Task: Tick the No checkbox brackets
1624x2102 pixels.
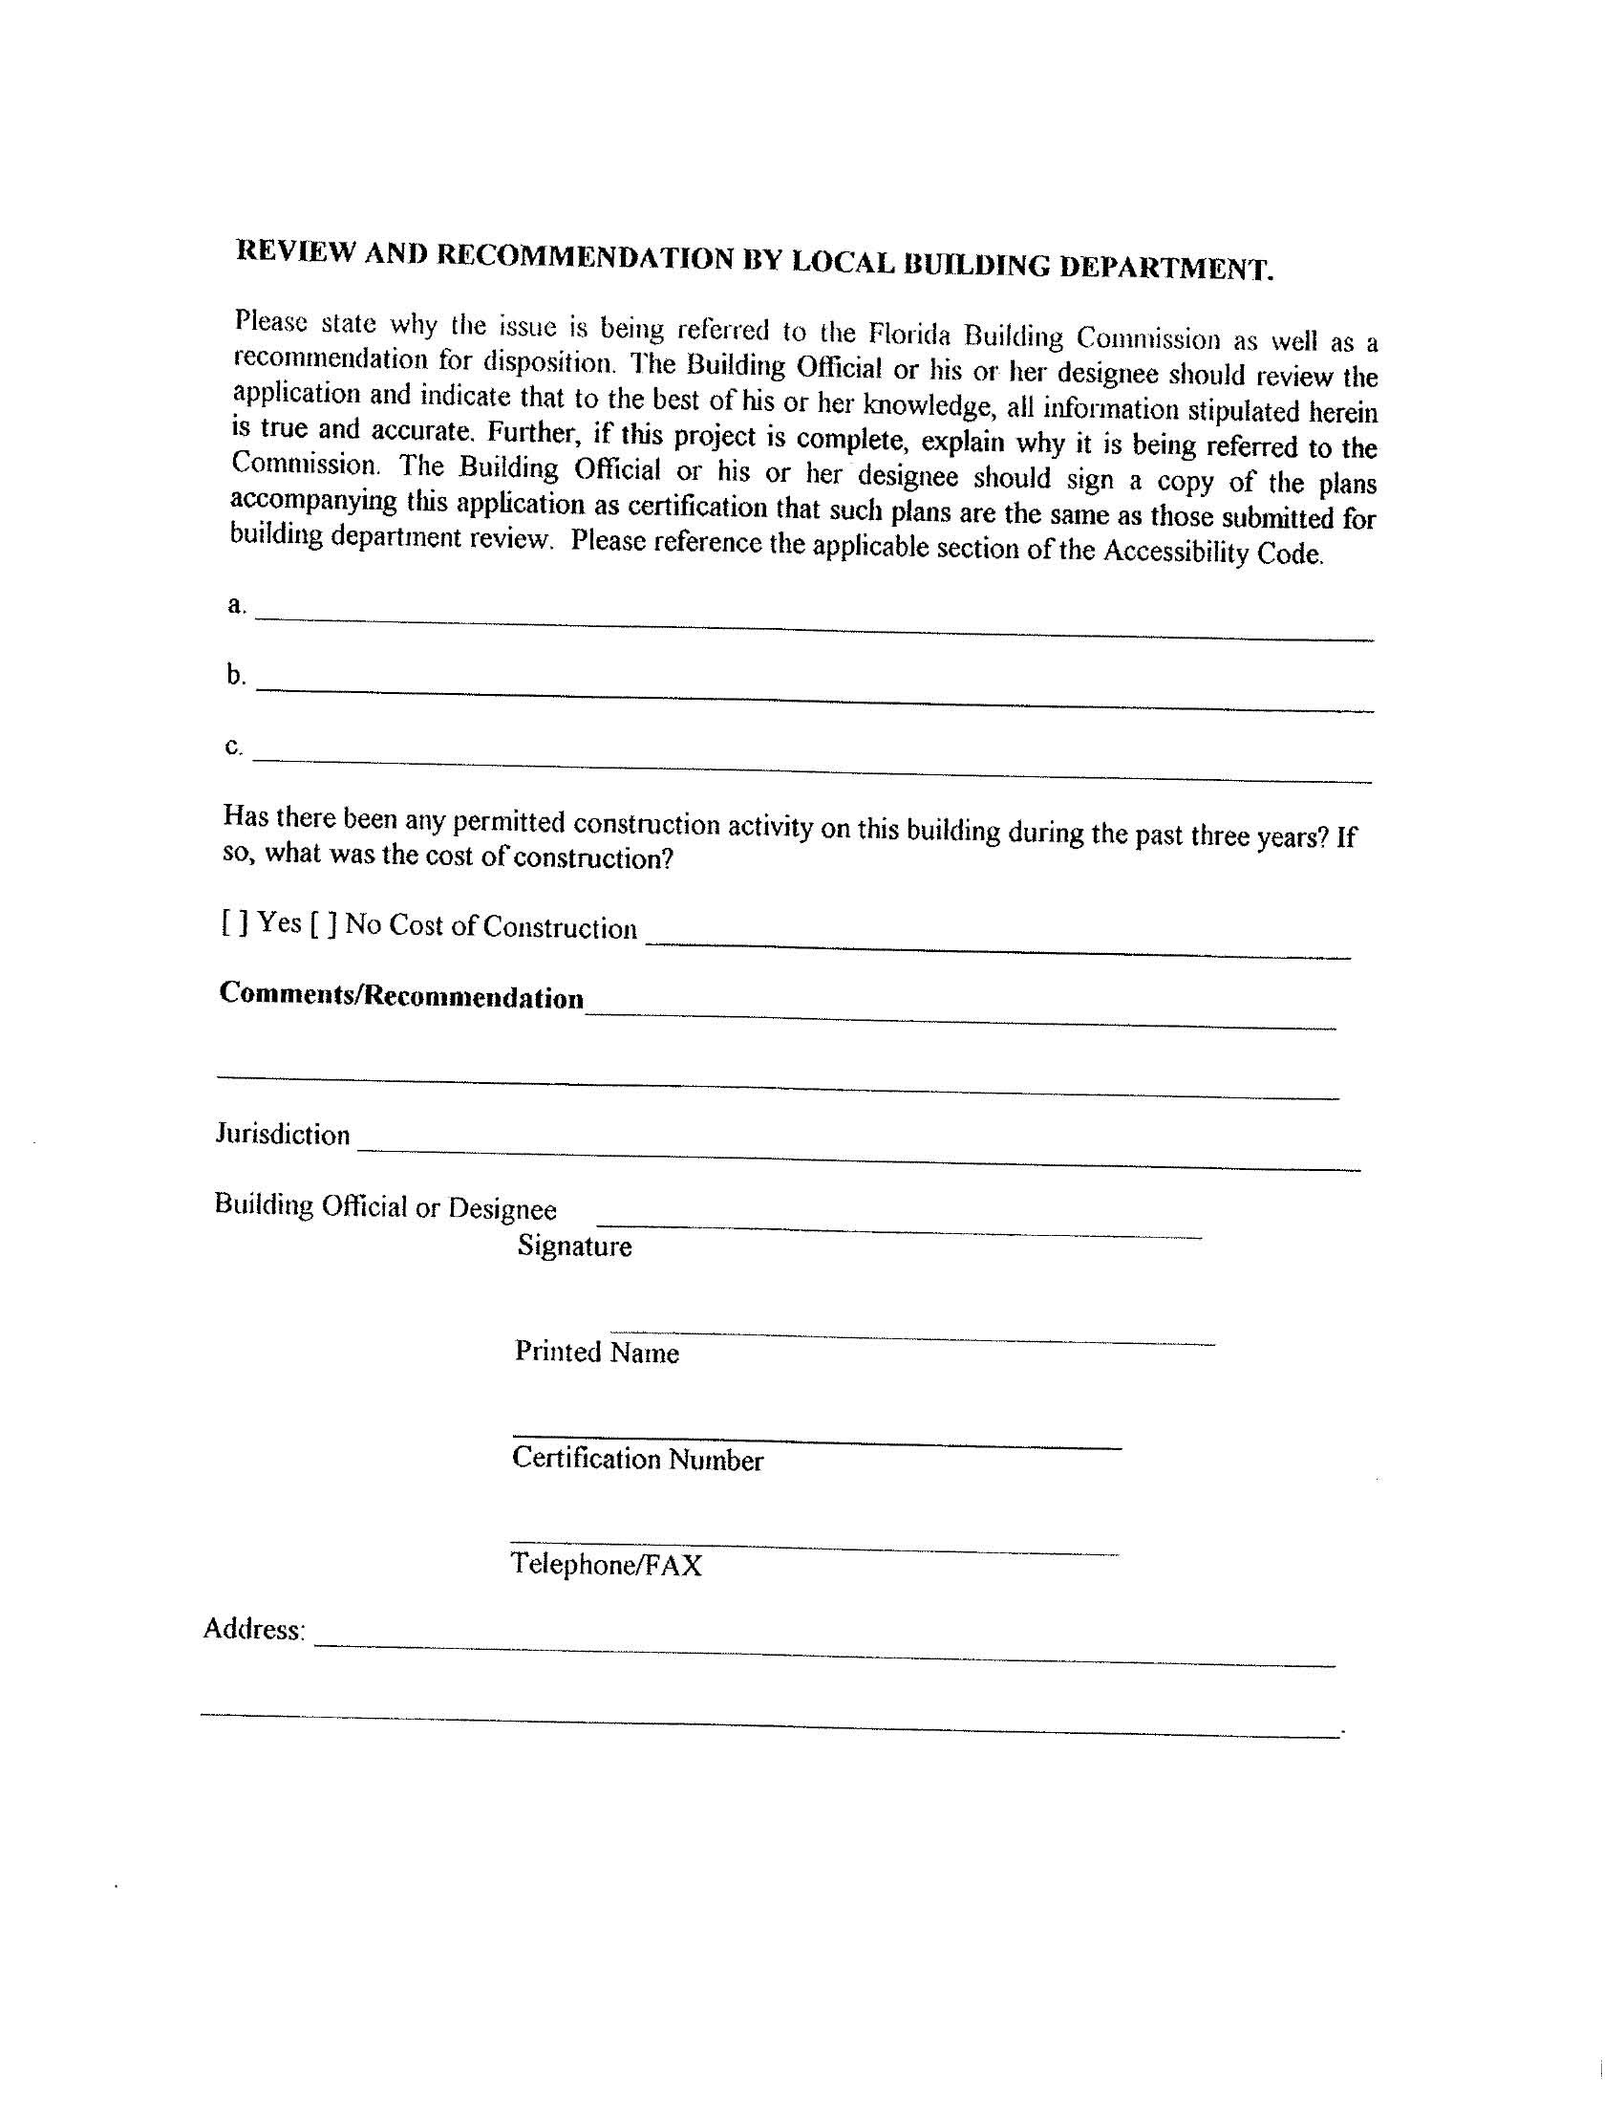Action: coord(323,925)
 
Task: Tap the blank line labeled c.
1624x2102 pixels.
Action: coord(813,767)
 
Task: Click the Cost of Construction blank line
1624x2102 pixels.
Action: coord(997,949)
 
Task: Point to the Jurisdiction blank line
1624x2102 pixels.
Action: coord(858,1158)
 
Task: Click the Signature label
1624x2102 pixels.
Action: coord(574,1246)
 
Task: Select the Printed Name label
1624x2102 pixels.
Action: coord(596,1353)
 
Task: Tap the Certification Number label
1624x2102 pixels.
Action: coord(637,1459)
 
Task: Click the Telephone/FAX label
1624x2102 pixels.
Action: coord(606,1564)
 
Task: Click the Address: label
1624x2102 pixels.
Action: coord(254,1630)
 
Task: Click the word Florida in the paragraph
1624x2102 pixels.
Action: coord(909,334)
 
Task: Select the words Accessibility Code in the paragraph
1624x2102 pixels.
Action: coord(1212,553)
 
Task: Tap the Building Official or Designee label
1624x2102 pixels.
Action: coord(385,1206)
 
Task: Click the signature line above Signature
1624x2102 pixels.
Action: coord(899,1229)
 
